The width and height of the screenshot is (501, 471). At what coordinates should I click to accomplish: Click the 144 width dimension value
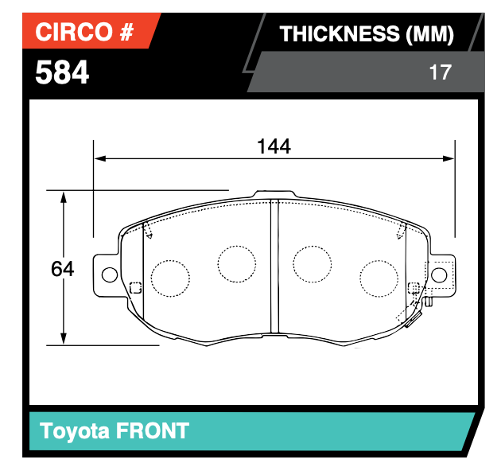[274, 146]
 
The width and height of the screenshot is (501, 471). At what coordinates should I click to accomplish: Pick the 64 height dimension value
[62, 269]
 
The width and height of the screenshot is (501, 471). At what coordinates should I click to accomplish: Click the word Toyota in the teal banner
[74, 431]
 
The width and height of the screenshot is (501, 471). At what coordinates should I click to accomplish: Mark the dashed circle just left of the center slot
[237, 263]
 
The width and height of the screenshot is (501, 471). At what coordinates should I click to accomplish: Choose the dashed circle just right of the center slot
[312, 263]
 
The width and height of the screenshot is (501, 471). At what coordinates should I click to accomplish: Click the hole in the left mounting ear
[108, 274]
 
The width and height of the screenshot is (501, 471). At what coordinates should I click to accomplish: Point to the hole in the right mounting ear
[439, 274]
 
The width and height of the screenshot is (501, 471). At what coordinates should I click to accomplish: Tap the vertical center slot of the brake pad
[274, 267]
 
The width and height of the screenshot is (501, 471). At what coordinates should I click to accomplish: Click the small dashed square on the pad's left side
[135, 288]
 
